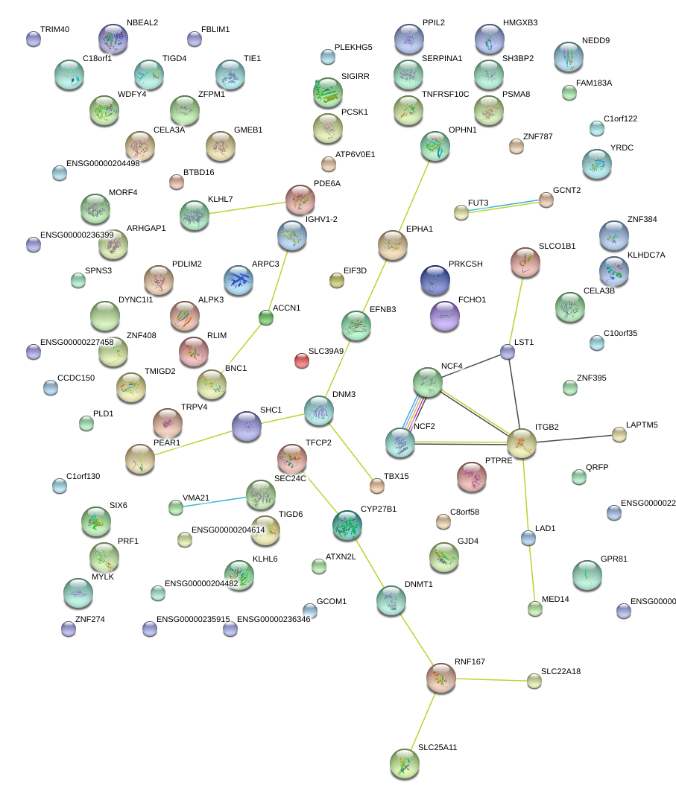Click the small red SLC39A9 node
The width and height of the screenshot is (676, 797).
[301, 361]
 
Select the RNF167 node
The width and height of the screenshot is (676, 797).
[440, 677]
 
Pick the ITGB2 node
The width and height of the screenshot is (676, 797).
[522, 442]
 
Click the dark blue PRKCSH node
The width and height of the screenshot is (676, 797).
[435, 279]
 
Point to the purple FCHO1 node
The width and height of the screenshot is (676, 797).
[445, 314]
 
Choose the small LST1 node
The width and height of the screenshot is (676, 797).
[508, 352]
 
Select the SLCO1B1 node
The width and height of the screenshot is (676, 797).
[525, 261]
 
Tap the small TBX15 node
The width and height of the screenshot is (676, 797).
[377, 486]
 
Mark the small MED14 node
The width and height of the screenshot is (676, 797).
[534, 609]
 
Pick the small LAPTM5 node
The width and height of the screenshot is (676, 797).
[619, 434]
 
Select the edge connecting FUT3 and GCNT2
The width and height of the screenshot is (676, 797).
[504, 206]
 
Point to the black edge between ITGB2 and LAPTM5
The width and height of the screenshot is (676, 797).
[574, 437]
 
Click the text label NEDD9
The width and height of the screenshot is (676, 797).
[596, 40]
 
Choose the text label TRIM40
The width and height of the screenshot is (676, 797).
[54, 29]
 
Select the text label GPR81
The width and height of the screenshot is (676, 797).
[615, 559]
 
